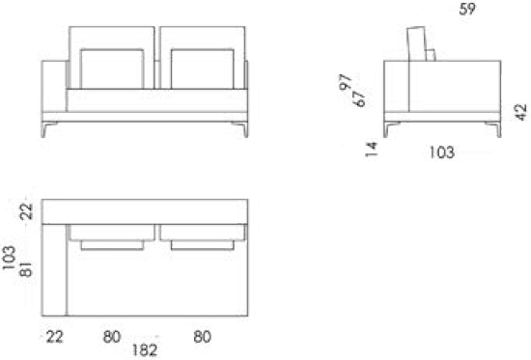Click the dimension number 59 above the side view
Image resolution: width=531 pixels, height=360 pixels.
tap(467, 9)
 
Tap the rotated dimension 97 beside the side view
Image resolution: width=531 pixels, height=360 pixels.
tap(346, 82)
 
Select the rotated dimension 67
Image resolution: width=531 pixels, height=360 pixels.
tap(359, 97)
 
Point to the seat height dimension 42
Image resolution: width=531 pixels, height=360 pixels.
tap(521, 112)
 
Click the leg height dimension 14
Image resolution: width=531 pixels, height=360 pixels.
tap(372, 150)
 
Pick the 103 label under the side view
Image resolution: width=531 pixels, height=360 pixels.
tap(442, 152)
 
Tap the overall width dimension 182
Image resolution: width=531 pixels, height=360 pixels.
tap(145, 350)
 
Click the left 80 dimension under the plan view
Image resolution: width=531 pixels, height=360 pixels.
tap(112, 337)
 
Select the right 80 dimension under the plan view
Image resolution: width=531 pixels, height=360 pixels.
tap(203, 337)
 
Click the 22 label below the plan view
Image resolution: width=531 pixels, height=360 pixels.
tap(54, 337)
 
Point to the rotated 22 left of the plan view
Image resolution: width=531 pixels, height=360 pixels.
tap(26, 211)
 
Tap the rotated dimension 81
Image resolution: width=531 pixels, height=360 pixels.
tap(26, 269)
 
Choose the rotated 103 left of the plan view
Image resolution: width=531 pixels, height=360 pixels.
tap(9, 258)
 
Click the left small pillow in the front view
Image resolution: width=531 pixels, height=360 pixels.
tap(112, 69)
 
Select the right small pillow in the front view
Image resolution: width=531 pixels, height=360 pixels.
tap(203, 69)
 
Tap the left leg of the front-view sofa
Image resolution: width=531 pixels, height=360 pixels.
tap(47, 129)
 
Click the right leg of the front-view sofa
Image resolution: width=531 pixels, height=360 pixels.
tap(241, 129)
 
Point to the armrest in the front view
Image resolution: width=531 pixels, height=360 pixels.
tap(54, 86)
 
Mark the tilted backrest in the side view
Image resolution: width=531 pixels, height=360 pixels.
tap(416, 44)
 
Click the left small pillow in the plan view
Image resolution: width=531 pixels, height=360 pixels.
tap(112, 245)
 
